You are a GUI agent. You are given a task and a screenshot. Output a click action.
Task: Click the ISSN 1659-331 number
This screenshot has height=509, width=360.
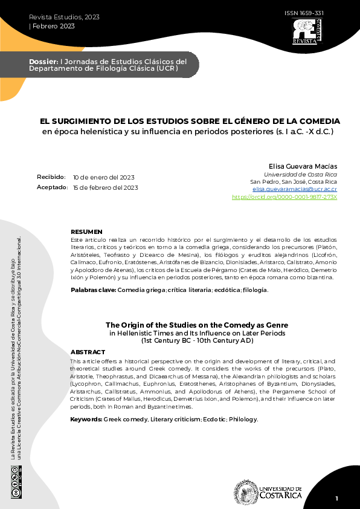click(303, 13)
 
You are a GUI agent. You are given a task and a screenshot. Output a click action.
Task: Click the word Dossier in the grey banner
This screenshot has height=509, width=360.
click(43, 62)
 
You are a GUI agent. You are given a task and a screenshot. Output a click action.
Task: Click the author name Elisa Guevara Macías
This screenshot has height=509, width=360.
click(303, 166)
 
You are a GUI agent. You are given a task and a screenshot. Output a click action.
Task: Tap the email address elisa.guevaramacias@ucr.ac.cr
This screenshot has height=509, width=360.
click(295, 189)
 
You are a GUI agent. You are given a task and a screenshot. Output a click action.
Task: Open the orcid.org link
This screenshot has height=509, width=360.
click(284, 197)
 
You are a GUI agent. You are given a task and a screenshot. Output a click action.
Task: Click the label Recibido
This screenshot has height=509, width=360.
click(51, 177)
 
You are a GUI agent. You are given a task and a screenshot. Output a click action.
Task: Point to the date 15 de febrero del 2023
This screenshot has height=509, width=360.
click(105, 187)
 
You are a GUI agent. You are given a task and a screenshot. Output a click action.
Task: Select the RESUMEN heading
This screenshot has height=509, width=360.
click(87, 232)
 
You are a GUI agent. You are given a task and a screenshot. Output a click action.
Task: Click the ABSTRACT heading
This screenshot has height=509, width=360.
click(88, 352)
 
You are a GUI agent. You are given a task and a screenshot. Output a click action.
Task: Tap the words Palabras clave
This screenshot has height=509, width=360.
click(92, 290)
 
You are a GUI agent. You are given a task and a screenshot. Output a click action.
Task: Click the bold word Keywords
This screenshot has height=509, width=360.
click(86, 419)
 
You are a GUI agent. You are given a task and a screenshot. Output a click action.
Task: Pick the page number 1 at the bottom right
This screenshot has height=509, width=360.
click(337, 498)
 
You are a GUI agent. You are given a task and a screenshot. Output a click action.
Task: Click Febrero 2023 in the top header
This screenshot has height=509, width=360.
click(51, 25)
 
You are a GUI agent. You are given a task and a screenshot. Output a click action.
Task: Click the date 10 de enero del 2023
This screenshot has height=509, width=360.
click(103, 178)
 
